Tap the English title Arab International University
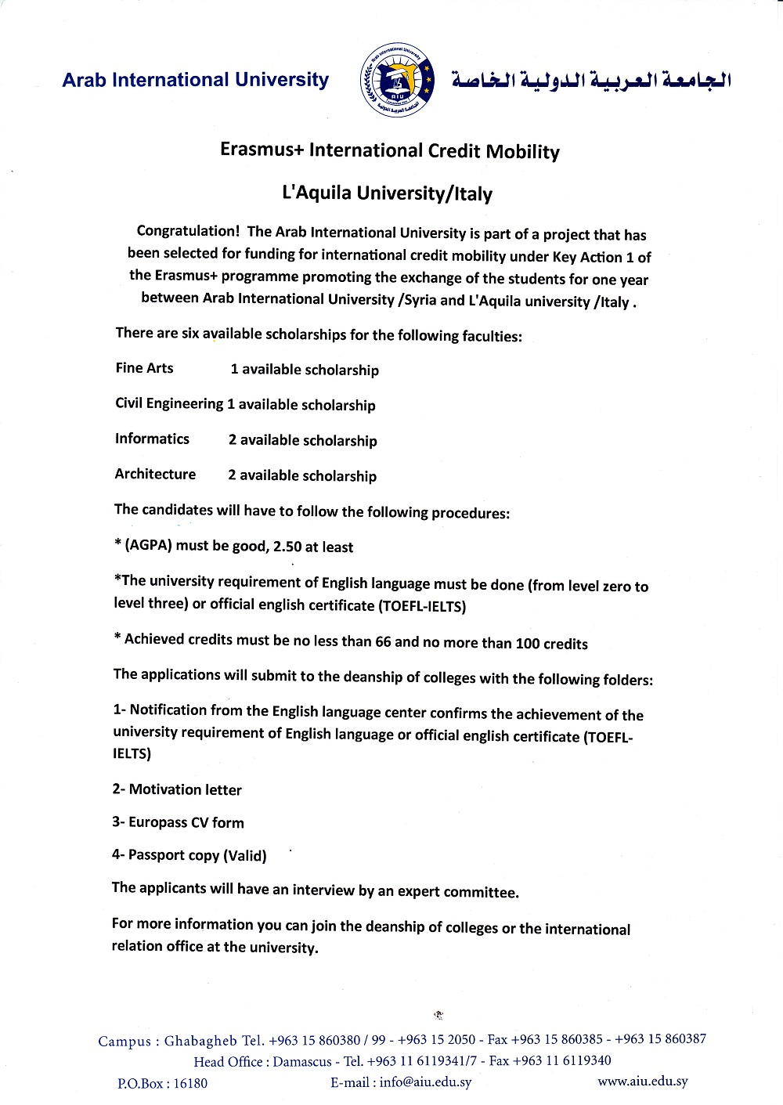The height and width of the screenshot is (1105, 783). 196,80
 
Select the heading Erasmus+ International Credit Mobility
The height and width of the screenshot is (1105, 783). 390,150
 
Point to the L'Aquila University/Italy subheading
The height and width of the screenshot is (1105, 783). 387,193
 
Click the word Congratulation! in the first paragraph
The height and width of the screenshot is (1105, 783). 188,231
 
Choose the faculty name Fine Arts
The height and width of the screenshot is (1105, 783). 144,368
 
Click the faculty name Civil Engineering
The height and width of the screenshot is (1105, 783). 169,403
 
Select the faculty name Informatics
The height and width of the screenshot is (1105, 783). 152,439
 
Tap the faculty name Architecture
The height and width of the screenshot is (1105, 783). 155,474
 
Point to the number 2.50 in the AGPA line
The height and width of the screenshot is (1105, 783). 287,547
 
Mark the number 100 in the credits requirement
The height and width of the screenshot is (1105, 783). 527,644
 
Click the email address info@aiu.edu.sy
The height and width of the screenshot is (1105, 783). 425,1082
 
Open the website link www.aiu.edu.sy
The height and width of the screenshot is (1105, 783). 642,1082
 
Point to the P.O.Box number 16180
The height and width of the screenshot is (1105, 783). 190,1083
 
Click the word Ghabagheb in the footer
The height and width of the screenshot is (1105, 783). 200,1041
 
